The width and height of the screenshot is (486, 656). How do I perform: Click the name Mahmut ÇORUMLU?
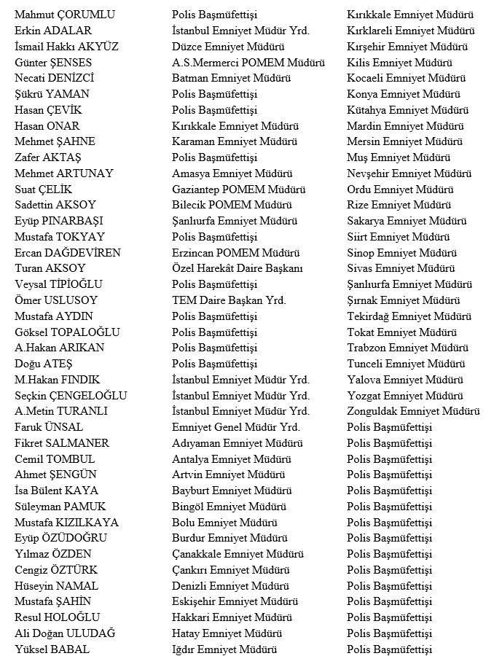click(x=55, y=15)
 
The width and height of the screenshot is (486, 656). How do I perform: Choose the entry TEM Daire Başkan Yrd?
click(x=229, y=300)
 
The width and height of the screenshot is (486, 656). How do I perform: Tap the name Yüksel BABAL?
click(x=52, y=649)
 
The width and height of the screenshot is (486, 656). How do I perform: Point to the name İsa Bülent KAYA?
click(x=56, y=491)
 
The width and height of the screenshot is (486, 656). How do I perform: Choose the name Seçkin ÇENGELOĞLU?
click(x=71, y=396)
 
